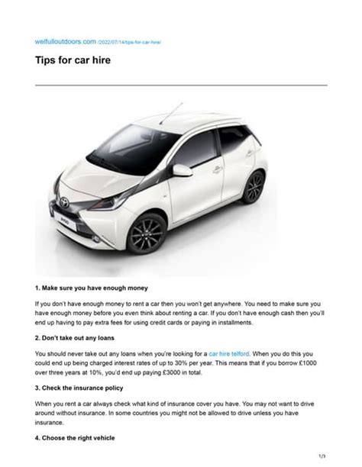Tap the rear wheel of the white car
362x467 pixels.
tap(254, 187)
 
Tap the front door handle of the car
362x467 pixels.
tap(218, 169)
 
